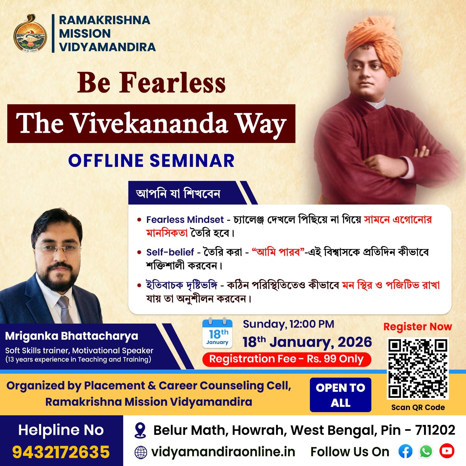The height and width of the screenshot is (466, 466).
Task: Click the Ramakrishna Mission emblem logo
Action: click(30, 33)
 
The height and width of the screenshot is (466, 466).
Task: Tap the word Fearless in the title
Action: click(172, 83)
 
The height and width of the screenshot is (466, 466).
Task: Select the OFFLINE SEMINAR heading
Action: click(151, 160)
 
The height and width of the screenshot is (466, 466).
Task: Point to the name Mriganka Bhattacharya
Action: click(72, 336)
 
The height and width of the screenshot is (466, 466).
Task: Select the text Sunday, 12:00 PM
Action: click(289, 324)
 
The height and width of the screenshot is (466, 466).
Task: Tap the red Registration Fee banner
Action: click(287, 359)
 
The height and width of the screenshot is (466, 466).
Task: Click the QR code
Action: click(418, 368)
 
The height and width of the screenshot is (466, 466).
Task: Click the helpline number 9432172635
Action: click(61, 452)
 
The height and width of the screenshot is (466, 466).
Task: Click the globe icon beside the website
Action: click(141, 452)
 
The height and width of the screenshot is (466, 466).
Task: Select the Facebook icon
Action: click(405, 451)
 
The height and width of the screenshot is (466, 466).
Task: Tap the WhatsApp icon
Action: click(426, 451)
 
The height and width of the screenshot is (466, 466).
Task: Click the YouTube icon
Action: click(447, 451)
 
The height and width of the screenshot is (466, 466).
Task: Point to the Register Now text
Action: click(418, 327)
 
